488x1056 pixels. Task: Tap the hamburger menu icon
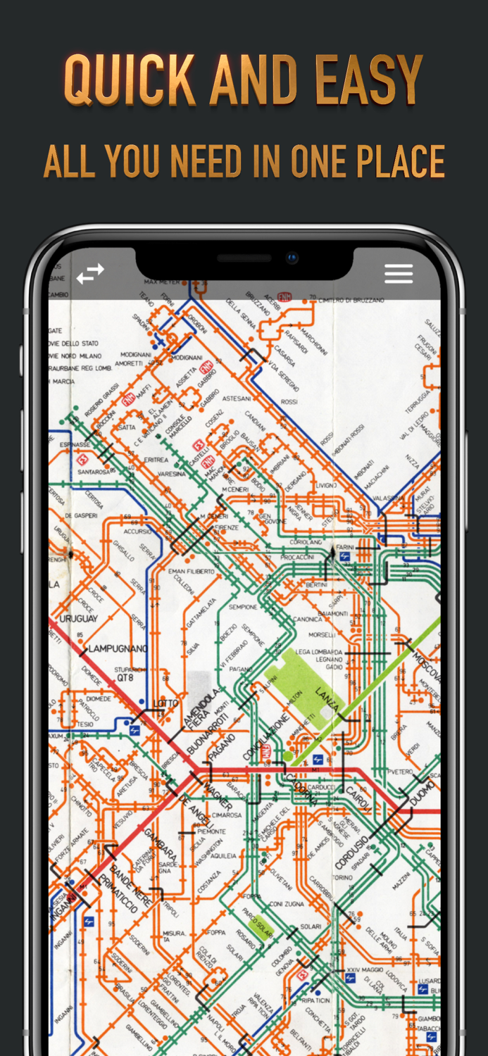[398, 274]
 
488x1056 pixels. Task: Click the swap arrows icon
[90, 274]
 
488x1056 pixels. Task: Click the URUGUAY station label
[79, 619]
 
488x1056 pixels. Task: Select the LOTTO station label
[165, 703]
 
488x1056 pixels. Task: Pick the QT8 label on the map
[125, 678]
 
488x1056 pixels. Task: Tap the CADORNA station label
[301, 788]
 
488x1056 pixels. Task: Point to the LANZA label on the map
[327, 697]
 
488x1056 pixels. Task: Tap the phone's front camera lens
[292, 258]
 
